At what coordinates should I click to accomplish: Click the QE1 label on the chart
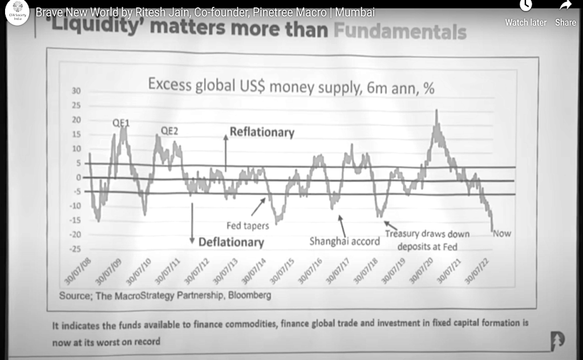119,122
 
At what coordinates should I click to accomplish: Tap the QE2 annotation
169,130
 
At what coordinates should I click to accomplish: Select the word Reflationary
262,132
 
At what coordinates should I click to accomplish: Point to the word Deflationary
231,242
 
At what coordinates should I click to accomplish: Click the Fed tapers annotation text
248,225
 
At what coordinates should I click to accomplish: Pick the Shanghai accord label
345,241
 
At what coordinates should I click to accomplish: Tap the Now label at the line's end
502,233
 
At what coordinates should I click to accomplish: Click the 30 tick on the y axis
76,91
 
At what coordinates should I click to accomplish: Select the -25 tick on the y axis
75,249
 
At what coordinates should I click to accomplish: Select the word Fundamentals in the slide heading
400,32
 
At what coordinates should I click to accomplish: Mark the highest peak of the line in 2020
437,111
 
